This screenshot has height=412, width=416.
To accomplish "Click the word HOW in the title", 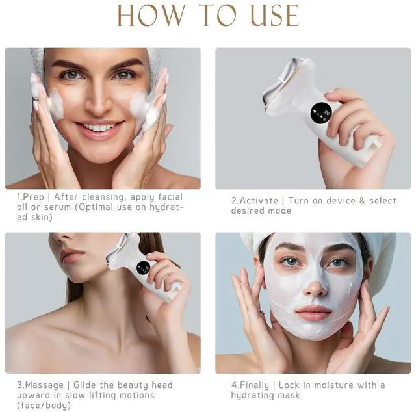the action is (151, 15).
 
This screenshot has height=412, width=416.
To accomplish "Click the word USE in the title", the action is (274, 15).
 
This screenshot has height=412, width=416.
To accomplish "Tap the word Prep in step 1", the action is (34, 198).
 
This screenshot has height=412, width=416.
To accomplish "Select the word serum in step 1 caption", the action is (58, 207).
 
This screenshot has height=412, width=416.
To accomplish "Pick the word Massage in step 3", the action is (45, 385).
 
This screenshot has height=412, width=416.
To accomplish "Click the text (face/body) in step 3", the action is (44, 406).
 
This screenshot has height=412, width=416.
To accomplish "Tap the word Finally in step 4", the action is (254, 385).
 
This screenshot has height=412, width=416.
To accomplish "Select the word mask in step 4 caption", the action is (289, 395).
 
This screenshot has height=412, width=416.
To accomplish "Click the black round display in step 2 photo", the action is (321, 113).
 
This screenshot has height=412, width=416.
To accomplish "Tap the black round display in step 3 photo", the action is (143, 268).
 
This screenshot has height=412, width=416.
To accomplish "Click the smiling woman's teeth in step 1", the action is (99, 127).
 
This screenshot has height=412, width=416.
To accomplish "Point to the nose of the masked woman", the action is (315, 288).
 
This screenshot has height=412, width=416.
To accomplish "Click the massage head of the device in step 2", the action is (287, 85).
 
